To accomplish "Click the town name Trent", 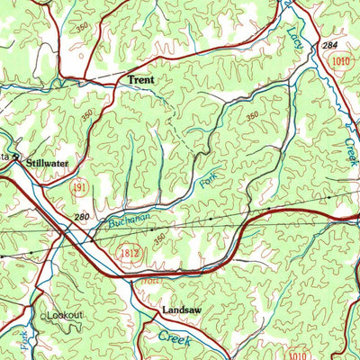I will coord(139,80).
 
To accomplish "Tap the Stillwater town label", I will coord(47,163).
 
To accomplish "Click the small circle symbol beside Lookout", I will coord(45,316).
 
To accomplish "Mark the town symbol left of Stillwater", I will coord(17,162).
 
